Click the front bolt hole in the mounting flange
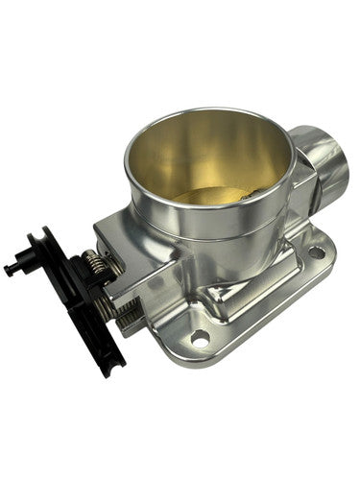[x=200, y=337]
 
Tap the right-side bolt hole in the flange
[x=315, y=252]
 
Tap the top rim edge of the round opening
[x=206, y=113]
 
